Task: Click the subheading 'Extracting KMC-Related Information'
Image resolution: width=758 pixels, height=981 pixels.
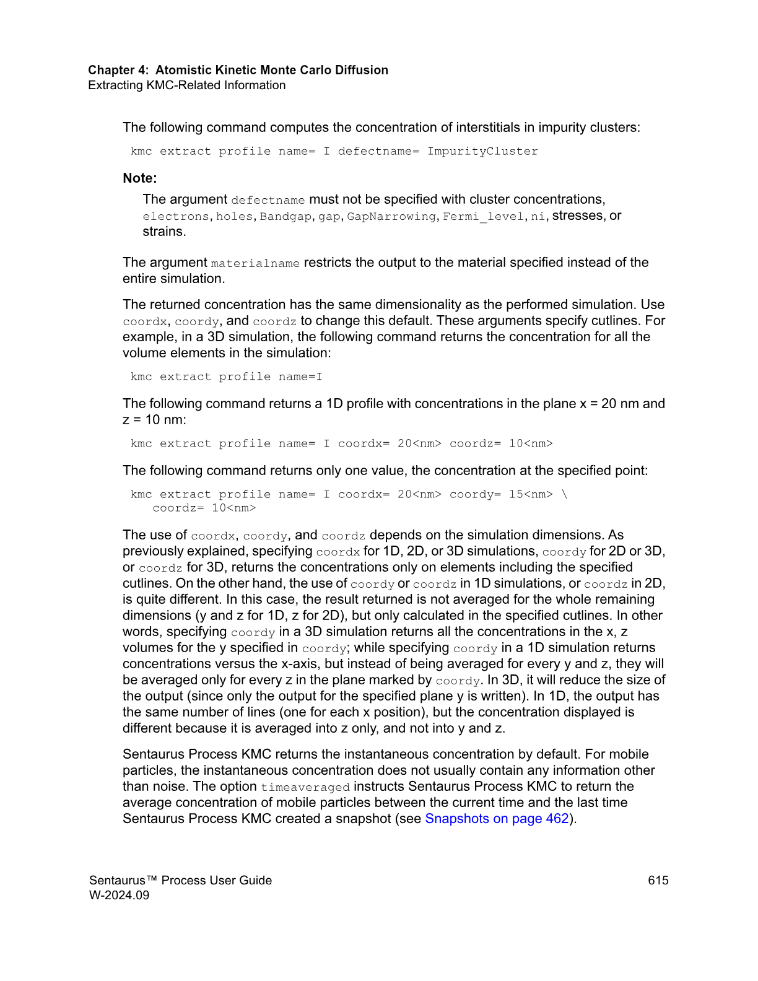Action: (186, 85)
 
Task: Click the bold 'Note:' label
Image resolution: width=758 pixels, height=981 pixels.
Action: (140, 178)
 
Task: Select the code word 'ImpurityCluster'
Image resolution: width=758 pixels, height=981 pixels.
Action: (482, 152)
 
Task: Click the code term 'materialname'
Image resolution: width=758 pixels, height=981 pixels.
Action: (255, 264)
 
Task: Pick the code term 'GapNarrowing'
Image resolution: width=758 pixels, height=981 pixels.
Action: (391, 217)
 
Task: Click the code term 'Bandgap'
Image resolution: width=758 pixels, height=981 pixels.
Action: (285, 217)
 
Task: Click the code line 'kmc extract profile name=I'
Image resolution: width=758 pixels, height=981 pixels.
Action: (226, 377)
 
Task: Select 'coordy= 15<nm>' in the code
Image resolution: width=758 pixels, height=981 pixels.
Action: (501, 495)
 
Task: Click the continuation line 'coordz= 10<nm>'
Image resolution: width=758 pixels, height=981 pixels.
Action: (204, 508)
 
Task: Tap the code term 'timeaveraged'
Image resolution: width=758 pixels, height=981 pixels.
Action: (305, 788)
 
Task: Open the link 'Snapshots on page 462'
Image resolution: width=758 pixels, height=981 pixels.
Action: (497, 819)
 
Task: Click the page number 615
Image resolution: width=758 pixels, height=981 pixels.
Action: (658, 881)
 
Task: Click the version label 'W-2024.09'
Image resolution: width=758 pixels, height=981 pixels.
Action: (120, 896)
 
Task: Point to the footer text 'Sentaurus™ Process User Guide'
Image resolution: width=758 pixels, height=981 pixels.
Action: (180, 881)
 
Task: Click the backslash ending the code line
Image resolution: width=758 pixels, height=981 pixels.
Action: (564, 495)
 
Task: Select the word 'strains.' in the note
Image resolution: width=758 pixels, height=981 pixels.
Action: (164, 232)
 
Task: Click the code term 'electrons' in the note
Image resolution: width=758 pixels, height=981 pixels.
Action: (176, 217)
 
